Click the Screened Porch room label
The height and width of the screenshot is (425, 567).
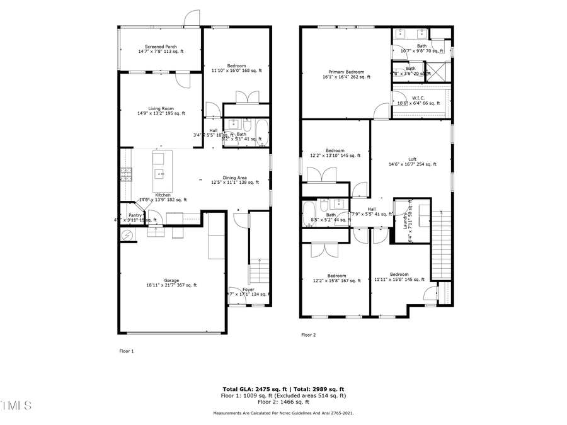161,47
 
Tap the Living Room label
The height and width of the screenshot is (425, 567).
161,109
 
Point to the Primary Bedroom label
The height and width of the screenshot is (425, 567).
346,72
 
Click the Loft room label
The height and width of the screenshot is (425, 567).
412,159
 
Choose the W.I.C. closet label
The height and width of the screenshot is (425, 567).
418,98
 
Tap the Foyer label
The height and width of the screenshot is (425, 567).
248,290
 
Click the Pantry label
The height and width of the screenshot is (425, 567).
135,215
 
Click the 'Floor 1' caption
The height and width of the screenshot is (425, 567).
127,351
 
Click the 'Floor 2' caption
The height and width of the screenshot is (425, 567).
308,335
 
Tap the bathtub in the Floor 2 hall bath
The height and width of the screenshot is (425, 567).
310,209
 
